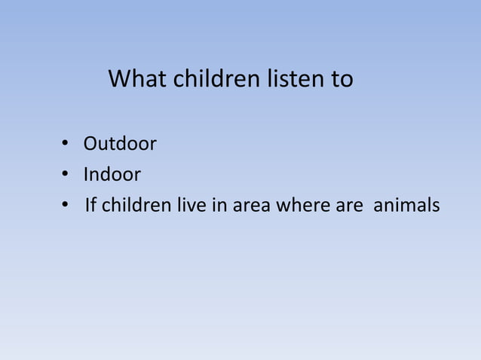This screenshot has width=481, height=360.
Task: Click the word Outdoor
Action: (x=120, y=143)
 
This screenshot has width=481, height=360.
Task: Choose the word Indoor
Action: (x=112, y=175)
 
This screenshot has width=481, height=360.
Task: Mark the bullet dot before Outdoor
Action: (x=66, y=144)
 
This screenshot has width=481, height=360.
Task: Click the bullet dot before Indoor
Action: (x=66, y=175)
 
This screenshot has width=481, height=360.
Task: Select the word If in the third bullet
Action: (x=91, y=206)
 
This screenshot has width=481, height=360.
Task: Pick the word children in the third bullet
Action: (x=133, y=206)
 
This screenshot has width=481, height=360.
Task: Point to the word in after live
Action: (x=219, y=206)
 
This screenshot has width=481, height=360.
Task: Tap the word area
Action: (x=253, y=206)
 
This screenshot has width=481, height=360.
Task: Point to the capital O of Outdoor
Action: (x=90, y=143)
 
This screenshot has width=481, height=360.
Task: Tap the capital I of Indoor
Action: (x=86, y=175)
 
